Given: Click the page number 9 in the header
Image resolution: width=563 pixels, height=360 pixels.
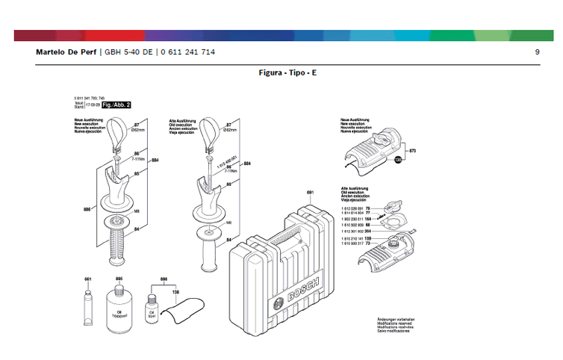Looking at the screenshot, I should [537, 52].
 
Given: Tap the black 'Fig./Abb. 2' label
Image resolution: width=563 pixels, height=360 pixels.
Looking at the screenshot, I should [116, 105].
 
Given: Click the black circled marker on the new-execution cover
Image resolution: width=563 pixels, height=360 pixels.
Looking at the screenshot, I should [398, 159].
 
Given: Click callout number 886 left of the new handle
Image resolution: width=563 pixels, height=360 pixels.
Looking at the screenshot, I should [87, 209].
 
